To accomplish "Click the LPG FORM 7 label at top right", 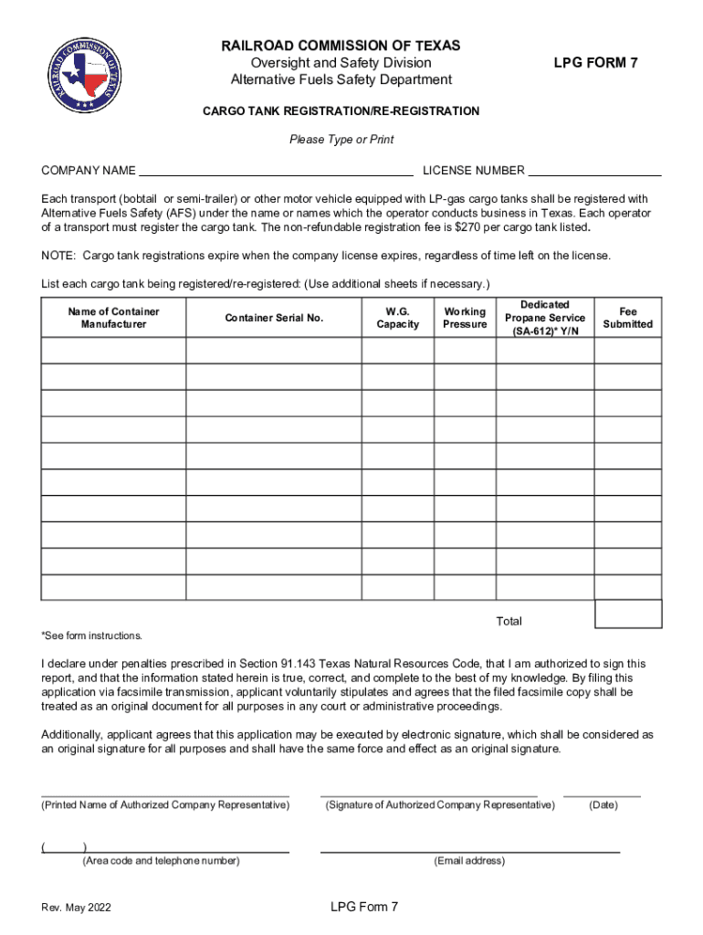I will point(595,62).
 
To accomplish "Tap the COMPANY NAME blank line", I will point(275,171).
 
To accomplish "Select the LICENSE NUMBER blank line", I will point(594,171).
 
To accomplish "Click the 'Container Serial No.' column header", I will point(274,318).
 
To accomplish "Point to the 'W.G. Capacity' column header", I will point(397,318).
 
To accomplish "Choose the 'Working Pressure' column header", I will point(465,318).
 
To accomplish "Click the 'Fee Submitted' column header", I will point(628,318).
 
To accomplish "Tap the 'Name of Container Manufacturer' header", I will point(113,318).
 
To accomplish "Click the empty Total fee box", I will point(628,614).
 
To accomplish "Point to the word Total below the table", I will point(509,621).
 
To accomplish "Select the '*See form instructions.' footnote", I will point(91,636).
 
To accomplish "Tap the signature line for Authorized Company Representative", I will point(428,794).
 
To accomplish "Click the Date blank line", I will point(602,794).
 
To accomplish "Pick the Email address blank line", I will point(469,850).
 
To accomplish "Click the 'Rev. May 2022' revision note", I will point(77,908).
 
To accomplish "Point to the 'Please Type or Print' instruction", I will point(341,140).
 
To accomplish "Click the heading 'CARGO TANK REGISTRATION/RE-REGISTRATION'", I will point(341,110).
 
